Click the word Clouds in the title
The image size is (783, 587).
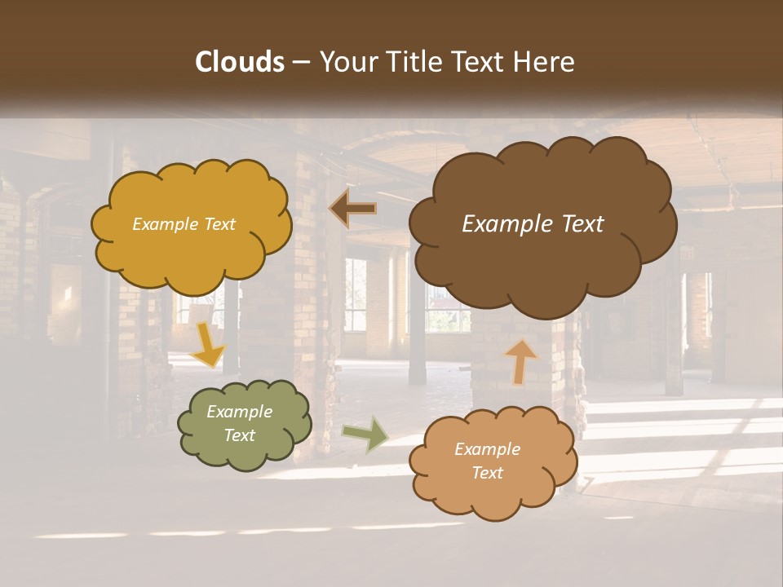(x=240, y=62)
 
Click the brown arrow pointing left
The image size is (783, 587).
(x=353, y=209)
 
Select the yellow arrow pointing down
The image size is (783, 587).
(x=208, y=346)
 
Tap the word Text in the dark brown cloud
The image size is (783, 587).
(x=576, y=224)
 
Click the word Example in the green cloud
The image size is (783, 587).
(x=239, y=412)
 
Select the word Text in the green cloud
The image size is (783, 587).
(x=239, y=435)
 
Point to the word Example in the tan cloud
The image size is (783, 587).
(x=487, y=449)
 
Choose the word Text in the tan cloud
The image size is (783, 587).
(x=487, y=473)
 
